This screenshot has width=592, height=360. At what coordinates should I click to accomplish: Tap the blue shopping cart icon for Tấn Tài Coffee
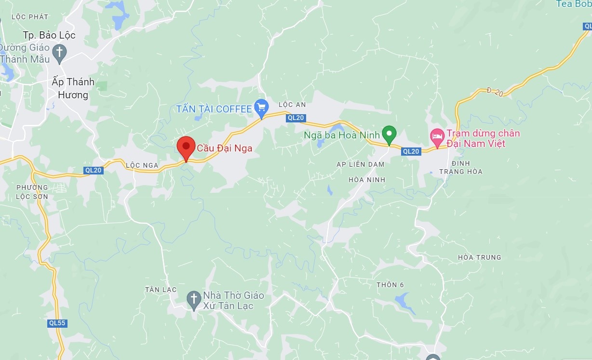pos(261,107)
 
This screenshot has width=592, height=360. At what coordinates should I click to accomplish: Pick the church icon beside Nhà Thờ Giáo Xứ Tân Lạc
pos(194,299)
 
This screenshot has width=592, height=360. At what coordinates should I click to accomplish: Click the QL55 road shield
pos(57,323)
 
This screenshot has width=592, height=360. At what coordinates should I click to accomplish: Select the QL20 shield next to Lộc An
pos(295,118)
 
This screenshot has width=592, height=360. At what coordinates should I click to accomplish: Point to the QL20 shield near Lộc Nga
pos(94,170)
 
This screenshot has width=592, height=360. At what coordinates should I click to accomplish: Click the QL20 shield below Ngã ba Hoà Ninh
pos(411,151)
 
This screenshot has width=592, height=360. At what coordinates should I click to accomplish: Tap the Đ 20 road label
pos(495,92)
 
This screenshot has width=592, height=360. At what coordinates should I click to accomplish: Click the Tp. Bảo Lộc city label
pos(49,36)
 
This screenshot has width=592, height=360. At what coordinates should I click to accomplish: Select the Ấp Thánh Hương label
pos(73,88)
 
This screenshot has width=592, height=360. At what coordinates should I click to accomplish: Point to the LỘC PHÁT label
pos(30,17)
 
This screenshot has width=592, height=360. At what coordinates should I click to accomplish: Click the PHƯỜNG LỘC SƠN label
pos(32,192)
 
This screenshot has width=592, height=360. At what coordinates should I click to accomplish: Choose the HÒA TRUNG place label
pos(479,257)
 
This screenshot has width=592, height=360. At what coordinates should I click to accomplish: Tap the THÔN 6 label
pos(390,285)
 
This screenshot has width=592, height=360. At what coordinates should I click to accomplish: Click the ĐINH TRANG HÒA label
pos(460,167)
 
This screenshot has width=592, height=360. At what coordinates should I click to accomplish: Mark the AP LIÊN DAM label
pos(360,164)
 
